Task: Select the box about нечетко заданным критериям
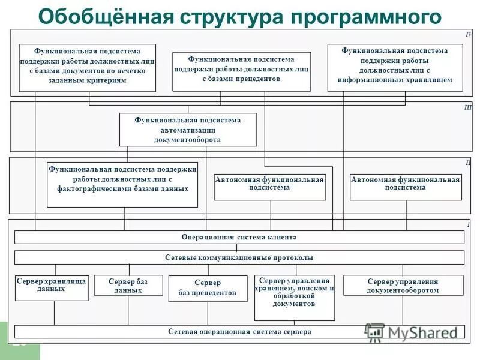tap(88, 67)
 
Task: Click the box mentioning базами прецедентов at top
tap(241, 71)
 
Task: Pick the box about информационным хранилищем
tap(395, 67)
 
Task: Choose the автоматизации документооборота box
tap(188, 130)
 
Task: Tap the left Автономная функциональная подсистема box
tap(269, 186)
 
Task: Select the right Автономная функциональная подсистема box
tap(406, 186)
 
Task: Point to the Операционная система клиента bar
tap(239, 237)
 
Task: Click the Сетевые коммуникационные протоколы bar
tap(239, 257)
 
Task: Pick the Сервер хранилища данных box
tap(51, 287)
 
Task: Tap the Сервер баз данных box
tap(128, 285)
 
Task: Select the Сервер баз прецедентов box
tap(208, 288)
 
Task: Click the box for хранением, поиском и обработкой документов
tap(294, 298)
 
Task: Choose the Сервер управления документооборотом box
tap(403, 285)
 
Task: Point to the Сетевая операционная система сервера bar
tap(239, 331)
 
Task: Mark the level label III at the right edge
tap(468, 107)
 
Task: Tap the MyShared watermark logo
tap(414, 332)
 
